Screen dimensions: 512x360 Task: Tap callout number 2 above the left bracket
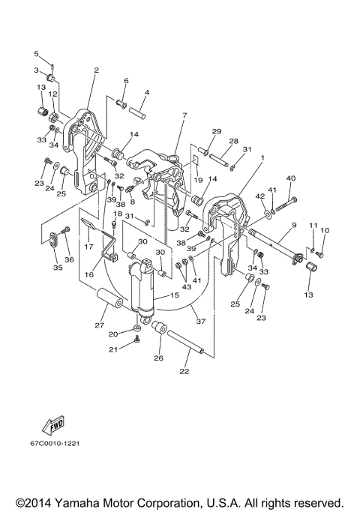(96, 70)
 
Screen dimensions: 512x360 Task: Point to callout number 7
(184, 115)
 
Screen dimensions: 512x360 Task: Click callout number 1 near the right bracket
(262, 158)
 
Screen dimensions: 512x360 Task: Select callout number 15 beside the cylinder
(175, 296)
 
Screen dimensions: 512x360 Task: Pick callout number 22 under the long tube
(184, 370)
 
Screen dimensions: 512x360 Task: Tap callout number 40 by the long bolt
(291, 178)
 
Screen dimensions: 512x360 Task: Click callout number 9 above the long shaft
(294, 224)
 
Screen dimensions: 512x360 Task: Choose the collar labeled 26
(160, 328)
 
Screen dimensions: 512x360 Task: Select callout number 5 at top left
(36, 53)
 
